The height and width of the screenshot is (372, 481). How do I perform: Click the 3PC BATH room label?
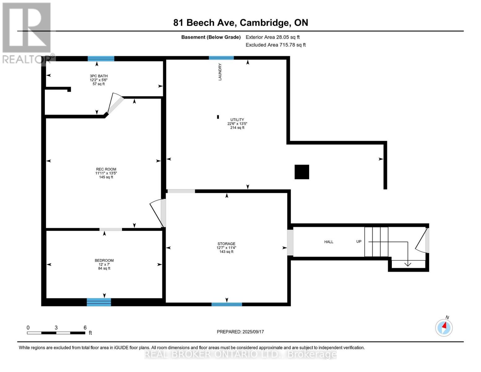point(99,76)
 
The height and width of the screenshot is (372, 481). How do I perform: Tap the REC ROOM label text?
point(106,169)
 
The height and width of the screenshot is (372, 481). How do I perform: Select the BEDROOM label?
point(104,260)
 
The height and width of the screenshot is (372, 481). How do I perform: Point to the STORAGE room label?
point(226,244)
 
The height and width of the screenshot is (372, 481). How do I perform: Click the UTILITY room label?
point(237,120)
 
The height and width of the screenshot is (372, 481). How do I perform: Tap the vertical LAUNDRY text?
point(220,72)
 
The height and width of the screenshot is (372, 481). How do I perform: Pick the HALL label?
point(329,242)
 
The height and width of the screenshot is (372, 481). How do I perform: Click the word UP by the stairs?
point(359,241)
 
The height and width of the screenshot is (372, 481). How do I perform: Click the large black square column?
point(302,172)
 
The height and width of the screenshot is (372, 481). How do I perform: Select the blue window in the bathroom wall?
point(101,59)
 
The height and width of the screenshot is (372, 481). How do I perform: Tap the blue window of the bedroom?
point(99,302)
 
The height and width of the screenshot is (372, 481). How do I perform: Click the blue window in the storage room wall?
point(227,304)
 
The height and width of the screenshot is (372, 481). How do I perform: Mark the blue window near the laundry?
point(221,58)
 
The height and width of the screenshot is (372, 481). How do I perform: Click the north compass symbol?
point(444,327)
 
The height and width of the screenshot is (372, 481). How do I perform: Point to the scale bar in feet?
point(56,333)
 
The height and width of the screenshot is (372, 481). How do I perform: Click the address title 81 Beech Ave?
point(241,23)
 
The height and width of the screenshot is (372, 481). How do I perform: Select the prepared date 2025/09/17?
point(240,332)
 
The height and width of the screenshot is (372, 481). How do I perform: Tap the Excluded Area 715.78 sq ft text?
point(276,45)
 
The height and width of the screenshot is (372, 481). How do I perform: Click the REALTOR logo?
point(27,33)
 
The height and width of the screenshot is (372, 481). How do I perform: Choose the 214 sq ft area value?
point(237,128)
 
